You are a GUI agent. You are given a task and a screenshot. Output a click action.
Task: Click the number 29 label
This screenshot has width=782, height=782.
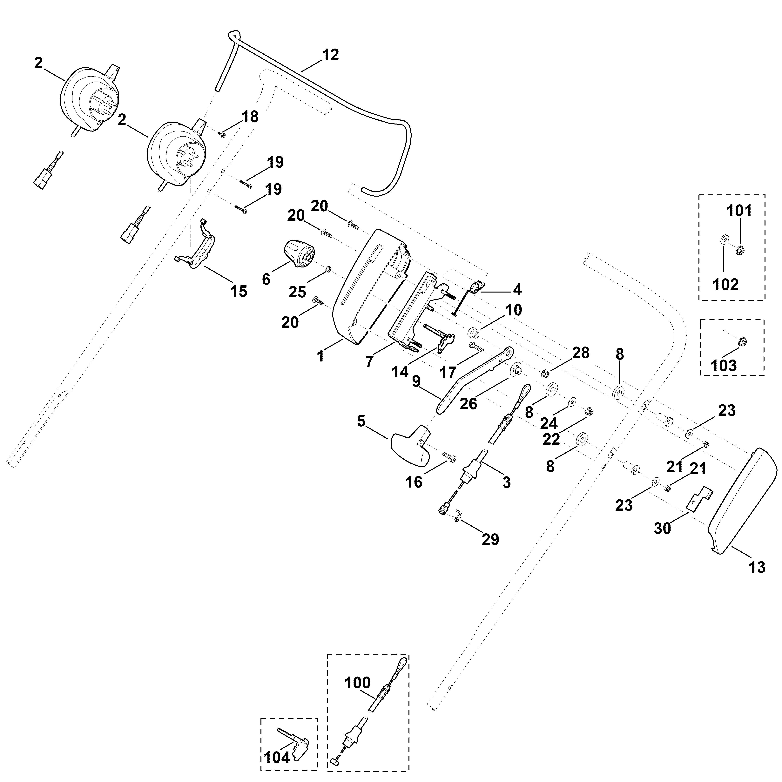tap(490, 539)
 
